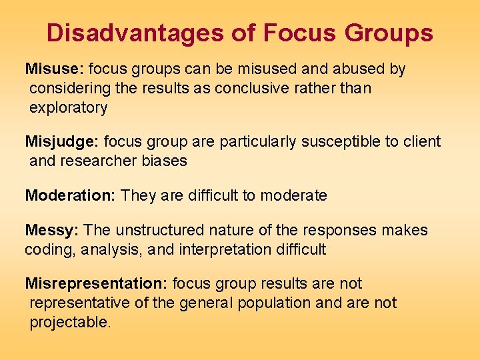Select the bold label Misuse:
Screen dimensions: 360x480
pyautogui.click(x=54, y=69)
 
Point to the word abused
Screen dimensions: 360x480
pyautogui.click(x=359, y=69)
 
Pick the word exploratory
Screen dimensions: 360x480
pyautogui.click(x=68, y=107)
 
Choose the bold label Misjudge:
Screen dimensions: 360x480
pyautogui.click(x=62, y=141)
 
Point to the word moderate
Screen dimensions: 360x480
pyautogui.click(x=293, y=196)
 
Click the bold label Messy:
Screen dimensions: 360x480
pyautogui.click(x=52, y=231)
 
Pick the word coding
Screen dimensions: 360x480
pyautogui.click(x=47, y=250)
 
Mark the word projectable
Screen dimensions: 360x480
pyautogui.click(x=69, y=323)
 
